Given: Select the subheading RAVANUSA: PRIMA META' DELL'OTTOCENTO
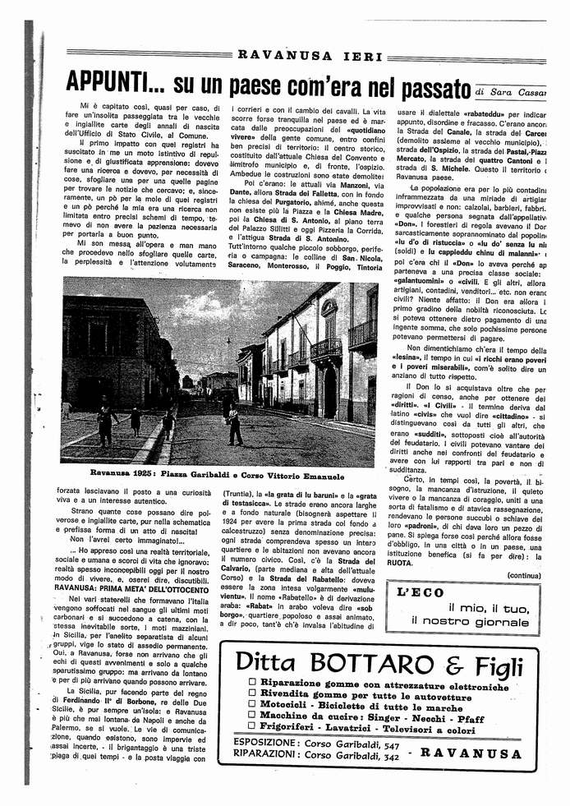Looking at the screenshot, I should click(134, 587).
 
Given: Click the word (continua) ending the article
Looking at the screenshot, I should click(524, 575).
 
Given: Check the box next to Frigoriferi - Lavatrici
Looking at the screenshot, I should click(251, 729).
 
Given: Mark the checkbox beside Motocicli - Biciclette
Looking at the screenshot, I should click(251, 707).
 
